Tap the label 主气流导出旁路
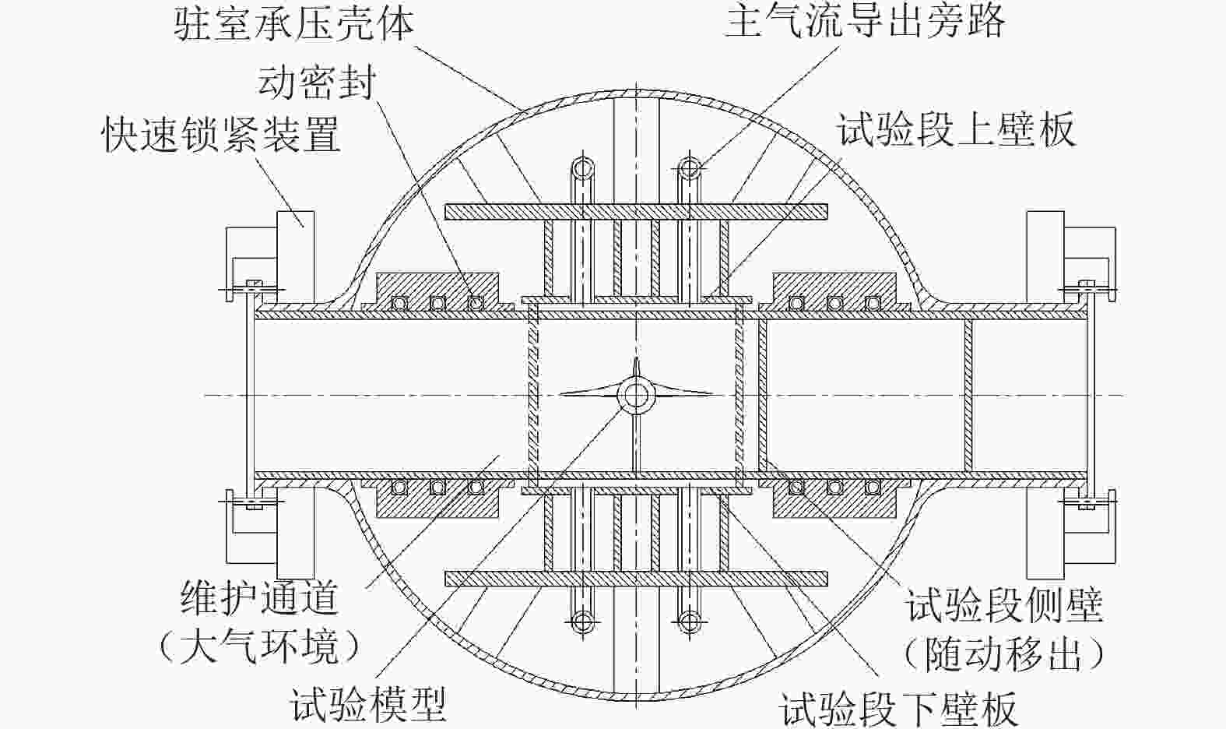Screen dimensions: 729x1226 pyautogui.click(x=865, y=21)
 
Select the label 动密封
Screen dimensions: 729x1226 pyautogui.click(x=317, y=82)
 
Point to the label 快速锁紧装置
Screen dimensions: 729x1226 pyautogui.click(x=222, y=135)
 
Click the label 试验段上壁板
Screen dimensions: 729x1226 pyautogui.click(x=956, y=129)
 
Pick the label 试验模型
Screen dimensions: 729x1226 pyautogui.click(x=368, y=705)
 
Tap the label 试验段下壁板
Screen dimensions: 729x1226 pyautogui.click(x=899, y=709)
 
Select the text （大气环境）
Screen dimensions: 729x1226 pyautogui.click(x=260, y=646)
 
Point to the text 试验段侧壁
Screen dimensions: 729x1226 pyautogui.click(x=1004, y=605)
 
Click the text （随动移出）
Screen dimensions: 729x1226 pyautogui.click(x=1004, y=654)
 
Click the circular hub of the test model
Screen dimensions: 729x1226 pyautogui.click(x=634, y=395)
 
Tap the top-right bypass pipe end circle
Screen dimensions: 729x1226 pyautogui.click(x=688, y=167)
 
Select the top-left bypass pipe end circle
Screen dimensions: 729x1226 pyautogui.click(x=581, y=167)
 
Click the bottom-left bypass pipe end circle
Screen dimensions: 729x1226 pyautogui.click(x=581, y=621)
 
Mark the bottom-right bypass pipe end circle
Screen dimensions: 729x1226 pyautogui.click(x=688, y=621)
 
